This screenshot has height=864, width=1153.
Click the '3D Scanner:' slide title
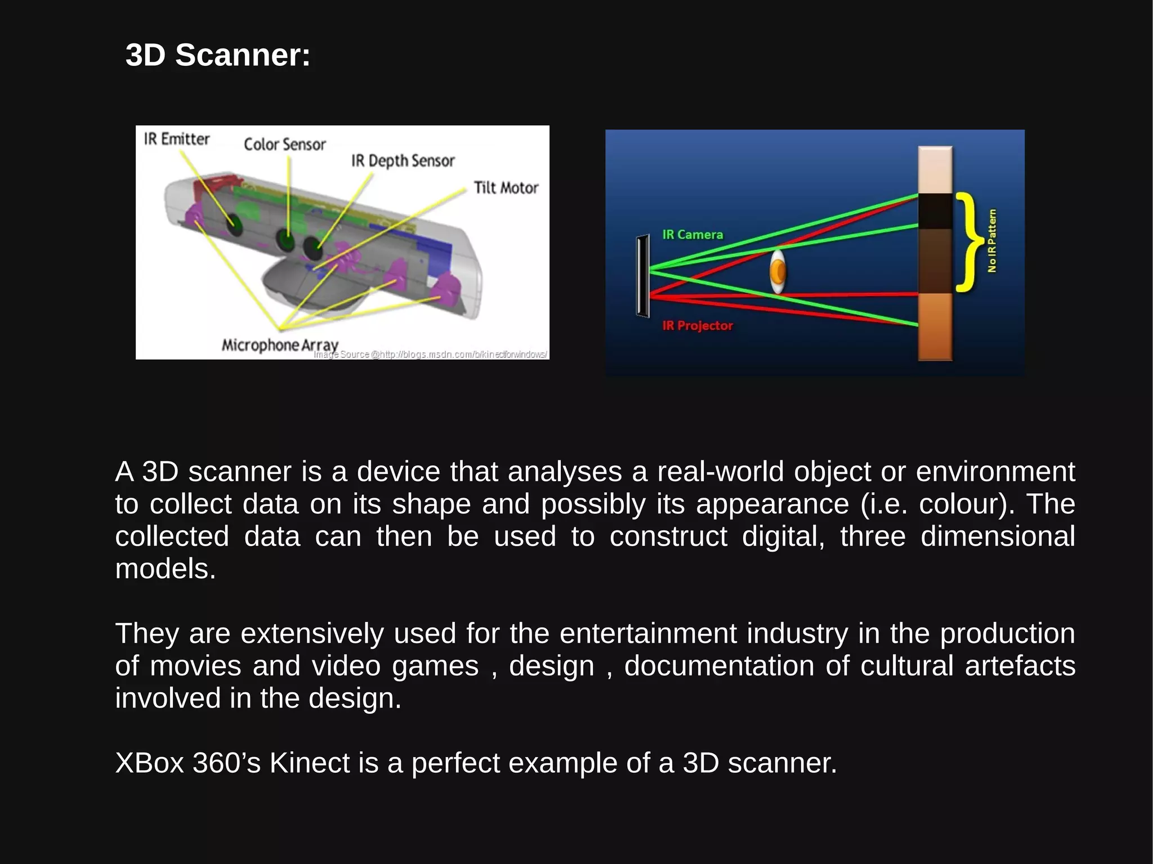pos(218,55)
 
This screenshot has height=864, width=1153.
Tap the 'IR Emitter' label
pos(176,139)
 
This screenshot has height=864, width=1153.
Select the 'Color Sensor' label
pos(284,145)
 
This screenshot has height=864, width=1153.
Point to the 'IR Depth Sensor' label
pos(403,161)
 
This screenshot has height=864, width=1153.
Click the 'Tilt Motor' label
pos(506,187)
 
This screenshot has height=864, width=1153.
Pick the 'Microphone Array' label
pos(280,344)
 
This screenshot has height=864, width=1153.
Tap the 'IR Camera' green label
pos(692,235)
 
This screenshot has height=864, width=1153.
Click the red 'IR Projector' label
pos(698,325)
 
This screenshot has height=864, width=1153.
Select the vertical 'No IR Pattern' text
pos(992,241)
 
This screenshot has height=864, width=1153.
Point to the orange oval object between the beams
pos(778,272)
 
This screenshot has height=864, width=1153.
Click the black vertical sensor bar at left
pos(642,276)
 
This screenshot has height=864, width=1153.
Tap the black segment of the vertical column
pos(935,211)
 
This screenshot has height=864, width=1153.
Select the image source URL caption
pos(431,355)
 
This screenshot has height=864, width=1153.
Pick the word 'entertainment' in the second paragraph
pos(648,633)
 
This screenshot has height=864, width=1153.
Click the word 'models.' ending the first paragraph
pos(166,568)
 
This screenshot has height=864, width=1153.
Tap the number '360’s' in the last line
pos(226,763)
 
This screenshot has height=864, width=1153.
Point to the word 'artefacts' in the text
pos(1020,666)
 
